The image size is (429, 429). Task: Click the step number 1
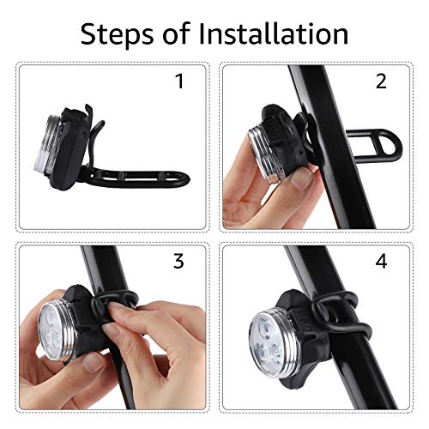[x=178, y=82]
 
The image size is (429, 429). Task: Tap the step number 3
[x=178, y=261]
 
